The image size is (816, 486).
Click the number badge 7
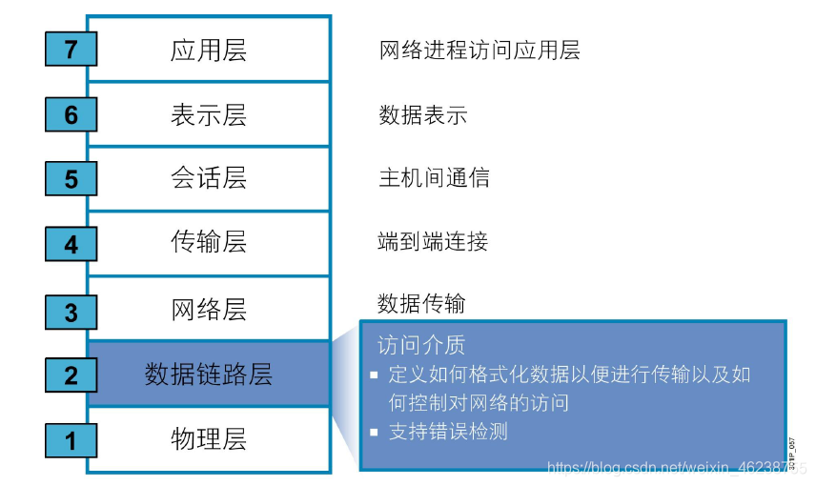point(71,49)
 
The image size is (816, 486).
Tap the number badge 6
point(71,114)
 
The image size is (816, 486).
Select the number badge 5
point(71,178)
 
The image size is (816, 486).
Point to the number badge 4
point(71,244)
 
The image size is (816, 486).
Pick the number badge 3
point(71,311)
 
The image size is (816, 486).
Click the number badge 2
point(71,375)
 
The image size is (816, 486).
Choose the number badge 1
point(71,440)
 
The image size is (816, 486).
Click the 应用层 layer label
point(209,50)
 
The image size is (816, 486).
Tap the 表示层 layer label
point(209,114)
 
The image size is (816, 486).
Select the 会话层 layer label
point(209,178)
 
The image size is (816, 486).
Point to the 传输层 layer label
point(209,243)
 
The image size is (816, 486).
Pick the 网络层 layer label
point(209,310)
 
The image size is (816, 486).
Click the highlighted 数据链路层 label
point(209,374)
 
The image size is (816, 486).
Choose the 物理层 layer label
point(209,439)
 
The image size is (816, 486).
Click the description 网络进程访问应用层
point(479,50)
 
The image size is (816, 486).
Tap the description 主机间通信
point(434,178)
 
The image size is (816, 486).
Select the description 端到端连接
point(434,242)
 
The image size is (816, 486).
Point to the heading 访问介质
point(421,343)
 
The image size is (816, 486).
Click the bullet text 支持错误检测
point(448,432)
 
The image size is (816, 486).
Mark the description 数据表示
point(423,115)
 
